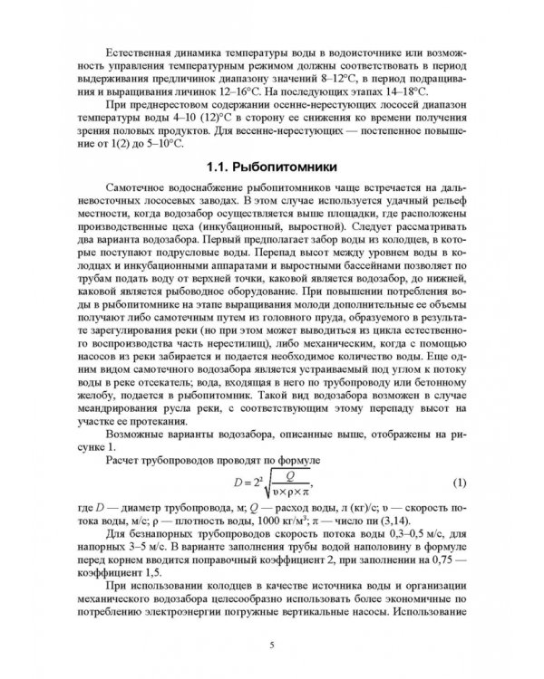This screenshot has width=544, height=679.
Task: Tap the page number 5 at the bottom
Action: tap(272, 644)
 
